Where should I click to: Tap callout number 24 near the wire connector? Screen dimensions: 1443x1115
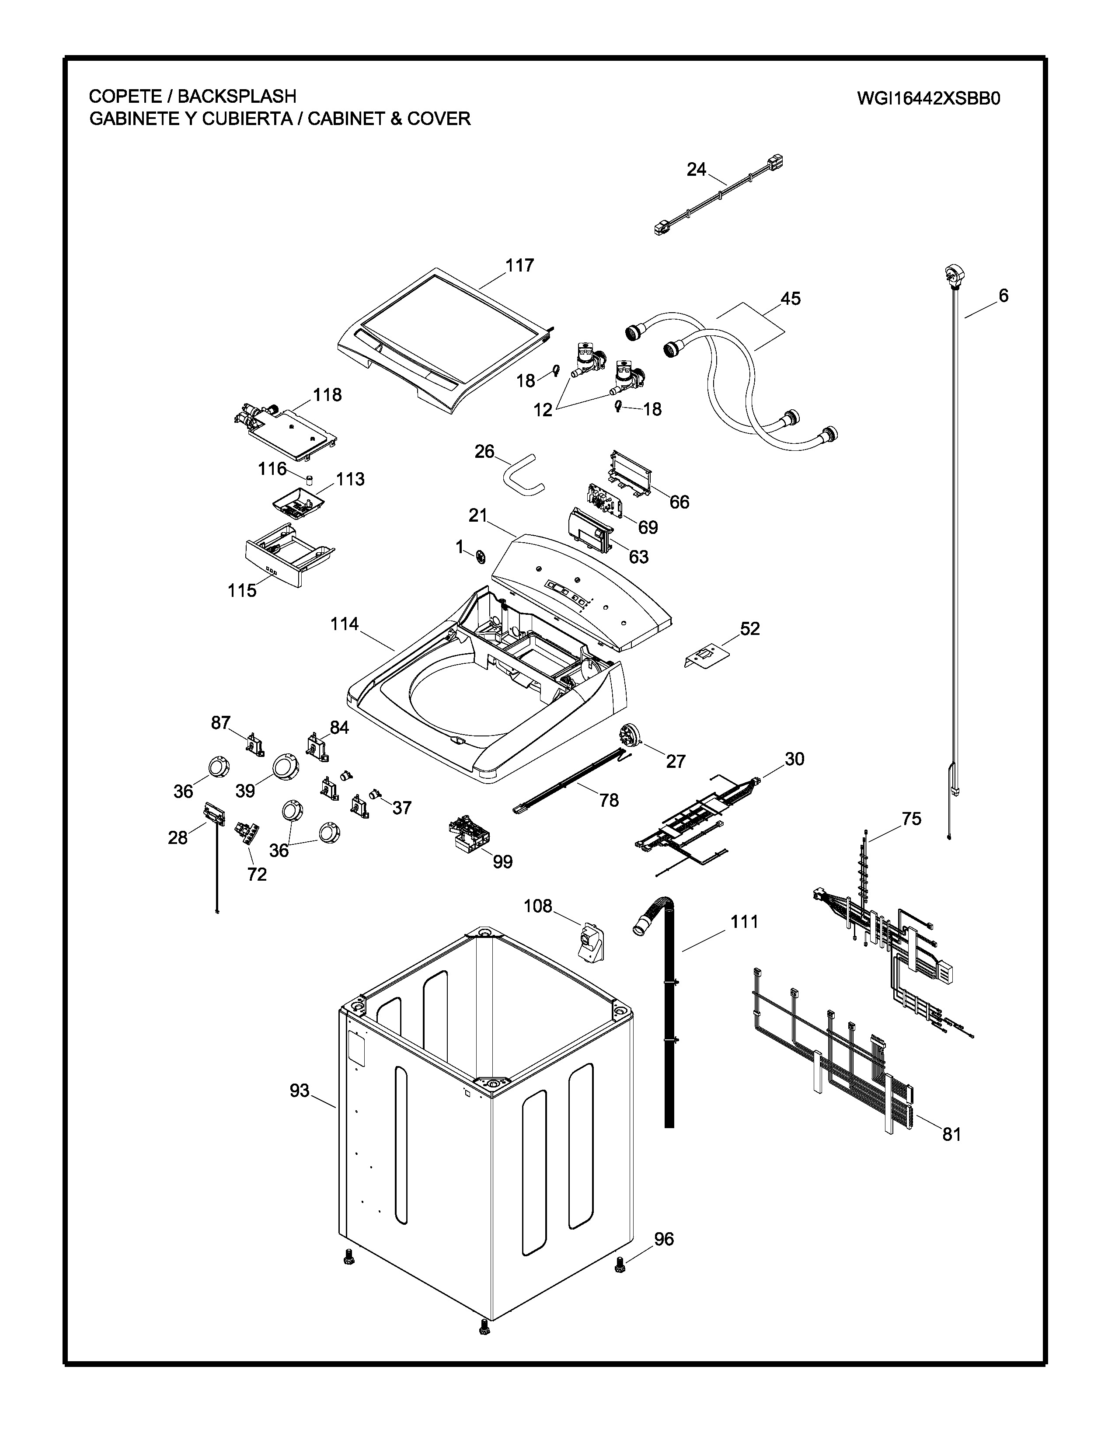click(x=696, y=170)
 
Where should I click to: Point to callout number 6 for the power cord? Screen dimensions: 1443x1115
click(x=1003, y=296)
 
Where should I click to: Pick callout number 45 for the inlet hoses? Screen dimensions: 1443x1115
click(x=790, y=299)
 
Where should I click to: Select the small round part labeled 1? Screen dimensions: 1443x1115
click(x=480, y=557)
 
